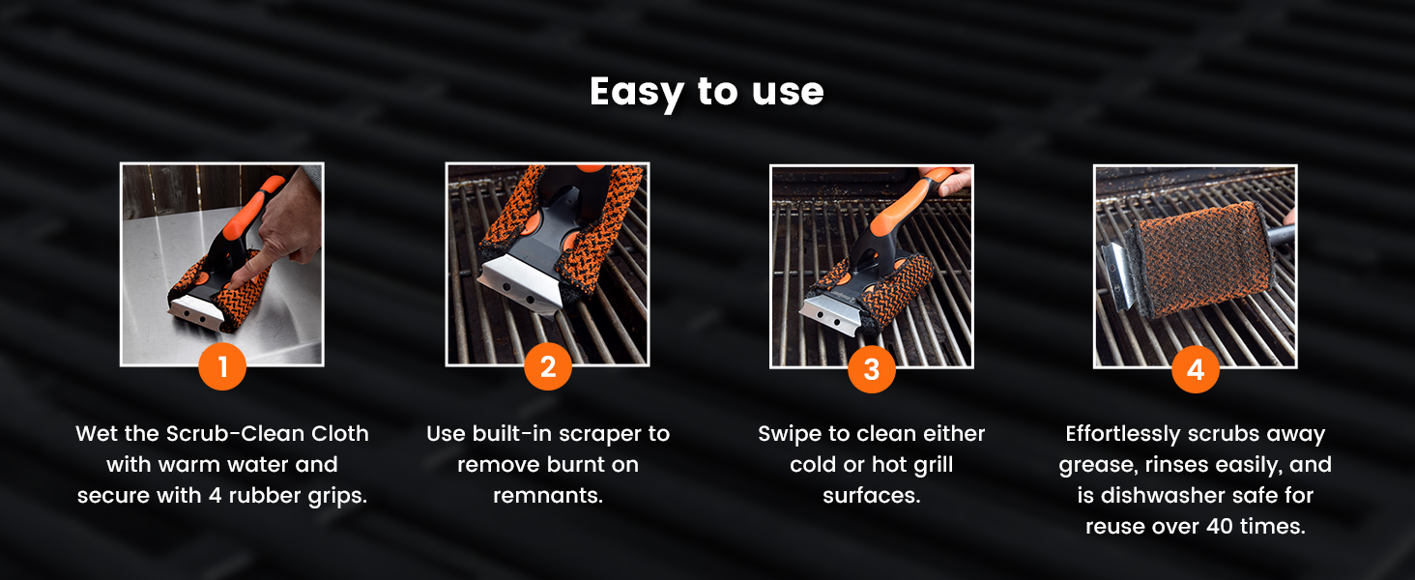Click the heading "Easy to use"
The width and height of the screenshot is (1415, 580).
[707, 92]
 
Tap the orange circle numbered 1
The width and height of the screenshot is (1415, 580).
[222, 366]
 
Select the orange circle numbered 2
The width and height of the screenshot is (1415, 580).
[548, 366]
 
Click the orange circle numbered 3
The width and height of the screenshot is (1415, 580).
[872, 369]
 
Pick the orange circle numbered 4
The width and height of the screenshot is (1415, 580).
[1196, 369]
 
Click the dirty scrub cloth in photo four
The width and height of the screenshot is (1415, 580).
[1198, 258]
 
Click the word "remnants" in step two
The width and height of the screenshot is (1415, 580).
[548, 495]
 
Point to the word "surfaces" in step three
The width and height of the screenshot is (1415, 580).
[872, 495]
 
